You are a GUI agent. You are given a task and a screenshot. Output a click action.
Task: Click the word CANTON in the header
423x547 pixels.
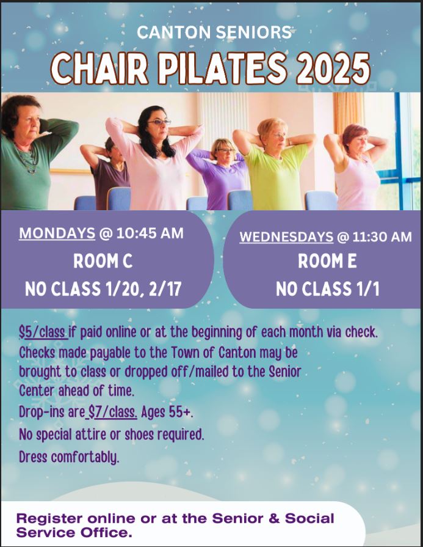[173, 32]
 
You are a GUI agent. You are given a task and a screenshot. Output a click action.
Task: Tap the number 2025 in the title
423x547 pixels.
[333, 68]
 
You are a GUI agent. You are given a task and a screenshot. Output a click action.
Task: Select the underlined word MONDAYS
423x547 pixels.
[57, 233]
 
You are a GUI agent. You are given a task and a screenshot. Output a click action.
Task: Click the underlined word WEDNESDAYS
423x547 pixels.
[286, 237]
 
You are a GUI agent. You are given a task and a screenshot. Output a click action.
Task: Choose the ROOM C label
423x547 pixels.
[103, 261]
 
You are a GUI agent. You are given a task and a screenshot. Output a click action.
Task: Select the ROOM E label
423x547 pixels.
[328, 261]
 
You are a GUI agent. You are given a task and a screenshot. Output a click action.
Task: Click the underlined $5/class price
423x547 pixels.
[43, 332]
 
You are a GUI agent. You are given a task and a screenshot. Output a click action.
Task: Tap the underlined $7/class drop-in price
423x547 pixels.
[112, 413]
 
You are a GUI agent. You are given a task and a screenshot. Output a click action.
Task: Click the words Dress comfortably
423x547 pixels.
[69, 457]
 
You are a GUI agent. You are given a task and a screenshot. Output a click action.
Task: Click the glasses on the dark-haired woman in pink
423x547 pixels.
[160, 122]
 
